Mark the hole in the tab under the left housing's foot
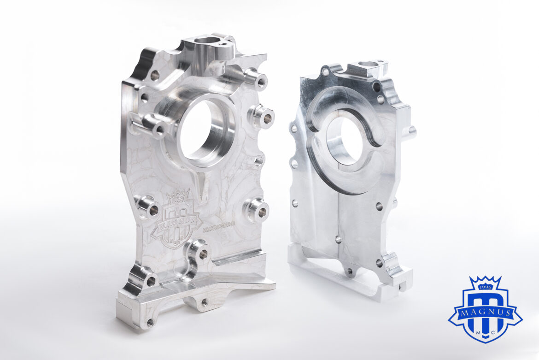204,302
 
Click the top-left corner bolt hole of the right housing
326,72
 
